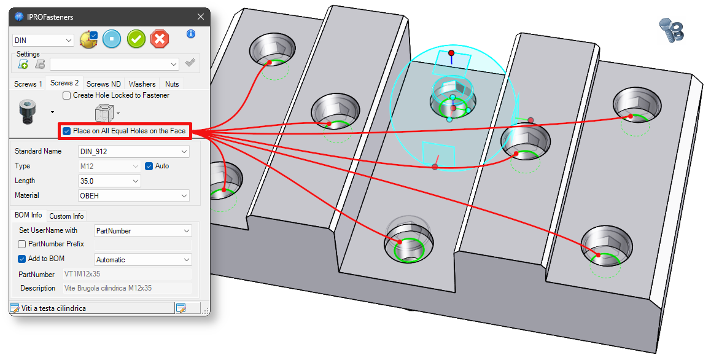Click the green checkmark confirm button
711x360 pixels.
pyautogui.click(x=136, y=39)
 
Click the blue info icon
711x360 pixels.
pyautogui.click(x=191, y=34)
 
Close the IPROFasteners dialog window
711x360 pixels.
pyautogui.click(x=200, y=17)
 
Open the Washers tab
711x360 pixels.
pyautogui.click(x=142, y=84)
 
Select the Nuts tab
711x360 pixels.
pyautogui.click(x=172, y=84)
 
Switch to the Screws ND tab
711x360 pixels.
pyautogui.click(x=103, y=84)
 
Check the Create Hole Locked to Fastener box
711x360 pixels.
pyautogui.click(x=67, y=95)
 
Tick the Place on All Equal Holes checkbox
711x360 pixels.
pyautogui.click(x=67, y=131)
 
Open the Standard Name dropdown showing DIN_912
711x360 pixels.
pyautogui.click(x=134, y=152)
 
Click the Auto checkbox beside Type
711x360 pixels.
pyautogui.click(x=149, y=166)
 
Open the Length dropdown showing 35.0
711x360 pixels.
pyautogui.click(x=109, y=181)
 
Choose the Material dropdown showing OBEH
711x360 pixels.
pyautogui.click(x=134, y=195)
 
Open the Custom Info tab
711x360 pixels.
pyautogui.click(x=67, y=216)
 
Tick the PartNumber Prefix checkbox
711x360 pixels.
pyautogui.click(x=21, y=245)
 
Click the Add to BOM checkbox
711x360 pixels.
pyautogui.click(x=21, y=259)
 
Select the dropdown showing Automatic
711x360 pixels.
pyautogui.click(x=143, y=260)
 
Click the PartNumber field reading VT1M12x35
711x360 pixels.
pyautogui.click(x=128, y=274)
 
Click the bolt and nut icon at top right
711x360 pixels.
pyautogui.click(x=671, y=30)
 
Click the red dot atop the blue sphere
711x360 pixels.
pyautogui.click(x=451, y=53)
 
